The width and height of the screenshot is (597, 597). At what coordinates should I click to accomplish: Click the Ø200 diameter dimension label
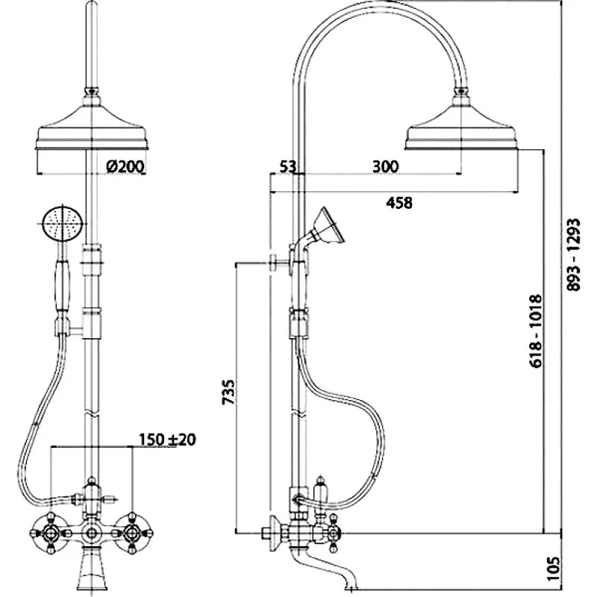coord(125,166)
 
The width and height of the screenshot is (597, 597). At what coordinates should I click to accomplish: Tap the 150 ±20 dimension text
coord(166,440)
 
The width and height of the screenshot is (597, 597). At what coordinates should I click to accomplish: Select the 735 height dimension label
coord(229,393)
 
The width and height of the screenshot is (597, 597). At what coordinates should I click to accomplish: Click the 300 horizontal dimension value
coord(385,166)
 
